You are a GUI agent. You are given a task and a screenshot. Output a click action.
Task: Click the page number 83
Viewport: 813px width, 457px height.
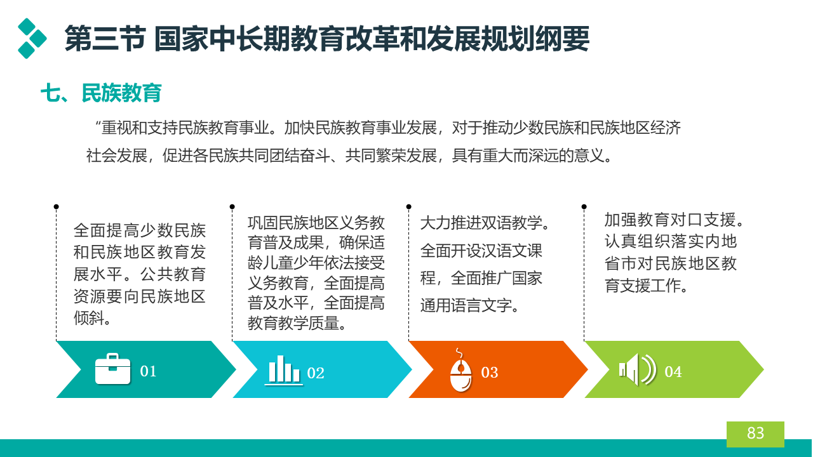[x=755, y=433]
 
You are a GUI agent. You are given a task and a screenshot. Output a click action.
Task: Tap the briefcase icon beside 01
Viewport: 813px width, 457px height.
[x=112, y=369]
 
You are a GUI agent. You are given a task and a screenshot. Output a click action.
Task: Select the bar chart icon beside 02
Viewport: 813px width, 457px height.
[x=284, y=369]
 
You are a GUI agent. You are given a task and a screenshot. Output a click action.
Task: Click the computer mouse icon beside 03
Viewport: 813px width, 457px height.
[x=460, y=371]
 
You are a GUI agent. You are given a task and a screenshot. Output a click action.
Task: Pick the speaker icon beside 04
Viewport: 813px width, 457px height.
[x=638, y=369]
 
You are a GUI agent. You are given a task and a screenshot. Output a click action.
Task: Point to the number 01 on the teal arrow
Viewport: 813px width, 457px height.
[x=148, y=371]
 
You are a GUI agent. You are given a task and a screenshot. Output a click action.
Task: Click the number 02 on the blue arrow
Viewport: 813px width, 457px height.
[x=316, y=373]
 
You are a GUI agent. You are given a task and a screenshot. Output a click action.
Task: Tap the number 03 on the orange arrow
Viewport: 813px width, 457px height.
[x=490, y=372]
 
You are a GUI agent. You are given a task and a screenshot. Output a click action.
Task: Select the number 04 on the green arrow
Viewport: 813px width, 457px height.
[x=673, y=371]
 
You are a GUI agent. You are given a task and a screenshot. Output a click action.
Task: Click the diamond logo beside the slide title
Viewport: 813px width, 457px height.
[x=32, y=39]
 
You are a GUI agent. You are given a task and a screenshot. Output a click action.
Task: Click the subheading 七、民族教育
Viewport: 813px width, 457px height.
[x=101, y=93]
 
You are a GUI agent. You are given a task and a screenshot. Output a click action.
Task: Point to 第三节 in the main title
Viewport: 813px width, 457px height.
[x=105, y=39]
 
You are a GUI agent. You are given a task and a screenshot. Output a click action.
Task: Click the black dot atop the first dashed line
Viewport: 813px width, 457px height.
[x=57, y=207]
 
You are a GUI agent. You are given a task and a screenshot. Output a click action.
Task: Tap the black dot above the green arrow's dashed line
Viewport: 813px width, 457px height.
[x=584, y=207]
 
